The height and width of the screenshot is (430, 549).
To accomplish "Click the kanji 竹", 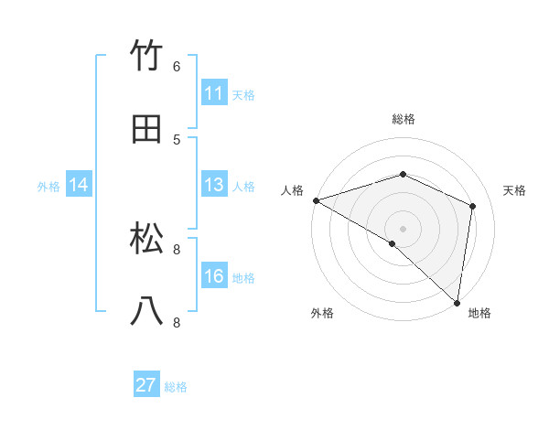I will click(147, 56).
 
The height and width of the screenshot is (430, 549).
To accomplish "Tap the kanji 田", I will click(147, 129).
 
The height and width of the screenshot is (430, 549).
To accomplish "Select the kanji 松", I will click(147, 239).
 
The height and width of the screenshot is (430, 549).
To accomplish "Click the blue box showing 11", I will click(213, 93).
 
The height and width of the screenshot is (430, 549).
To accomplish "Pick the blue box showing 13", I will click(213, 185).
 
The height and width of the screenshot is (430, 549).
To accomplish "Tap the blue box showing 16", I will click(213, 276).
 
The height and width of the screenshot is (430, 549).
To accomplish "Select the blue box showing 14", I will click(78, 185).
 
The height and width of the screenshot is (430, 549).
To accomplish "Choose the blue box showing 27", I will click(145, 385).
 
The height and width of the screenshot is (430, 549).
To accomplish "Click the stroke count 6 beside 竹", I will click(177, 66).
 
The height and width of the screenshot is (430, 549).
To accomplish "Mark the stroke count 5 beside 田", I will click(177, 139).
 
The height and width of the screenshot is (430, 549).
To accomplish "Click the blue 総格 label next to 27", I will click(176, 387).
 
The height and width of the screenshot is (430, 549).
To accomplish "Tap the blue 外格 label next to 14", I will click(48, 186).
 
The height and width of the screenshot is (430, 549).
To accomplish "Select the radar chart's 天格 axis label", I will click(514, 190).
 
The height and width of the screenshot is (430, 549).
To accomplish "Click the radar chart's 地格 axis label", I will click(479, 313).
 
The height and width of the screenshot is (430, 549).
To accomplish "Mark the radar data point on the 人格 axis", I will click(316, 200).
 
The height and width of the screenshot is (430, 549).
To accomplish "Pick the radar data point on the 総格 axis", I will click(403, 174).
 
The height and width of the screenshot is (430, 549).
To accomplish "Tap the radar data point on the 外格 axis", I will click(392, 243).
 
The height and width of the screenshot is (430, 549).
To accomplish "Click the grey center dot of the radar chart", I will click(403, 228).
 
